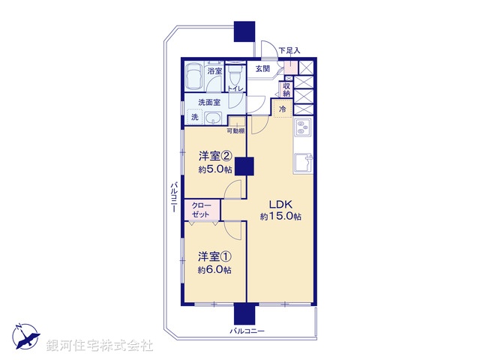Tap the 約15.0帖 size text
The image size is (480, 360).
point(281,217)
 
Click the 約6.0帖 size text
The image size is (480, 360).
point(214,269)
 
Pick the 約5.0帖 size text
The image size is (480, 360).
point(214,169)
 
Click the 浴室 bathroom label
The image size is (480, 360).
point(214,71)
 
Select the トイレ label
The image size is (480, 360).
point(235,88)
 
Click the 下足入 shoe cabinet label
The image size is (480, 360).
point(289,51)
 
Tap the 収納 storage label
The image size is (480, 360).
point(286,89)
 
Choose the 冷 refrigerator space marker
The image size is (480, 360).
point(282,109)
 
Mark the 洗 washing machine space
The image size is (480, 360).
point(194,118)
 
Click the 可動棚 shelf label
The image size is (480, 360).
point(235,130)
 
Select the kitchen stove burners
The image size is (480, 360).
point(303,128)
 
